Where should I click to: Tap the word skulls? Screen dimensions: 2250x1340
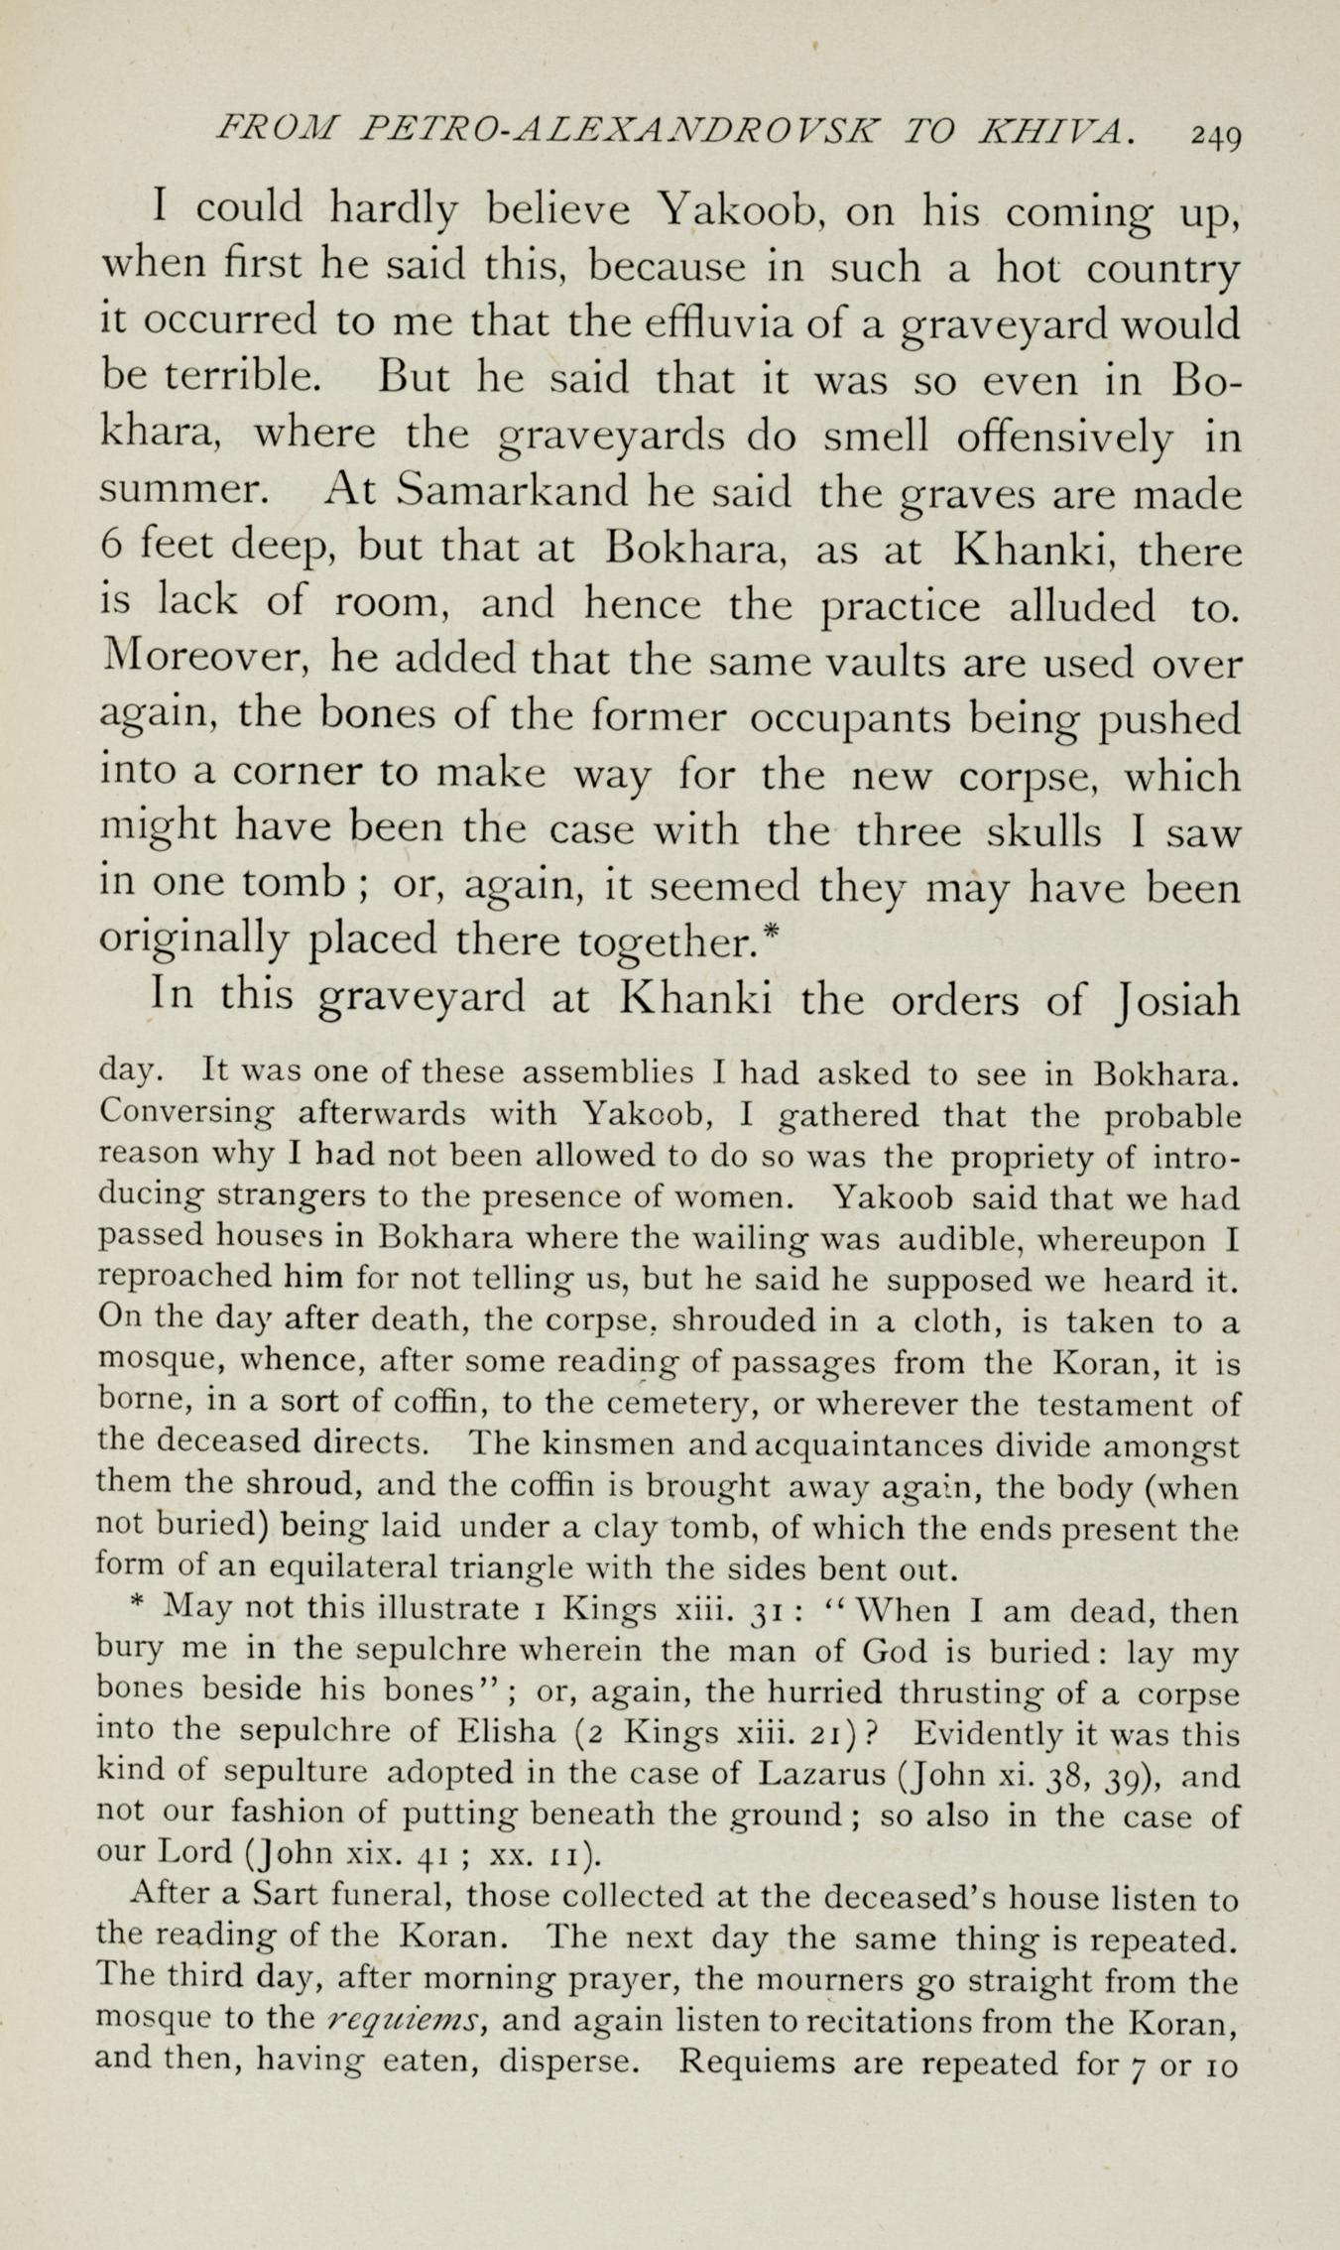tap(1044, 830)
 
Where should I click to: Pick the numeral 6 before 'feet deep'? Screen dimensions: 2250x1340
tap(111, 548)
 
